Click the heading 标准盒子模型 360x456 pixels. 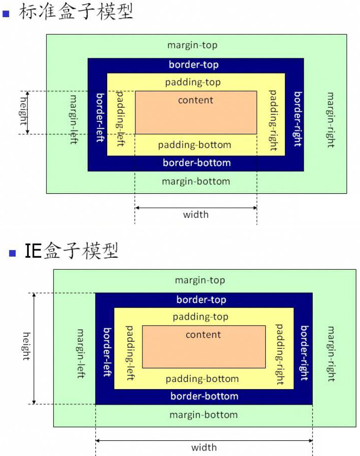tap(76, 12)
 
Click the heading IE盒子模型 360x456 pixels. tap(71, 250)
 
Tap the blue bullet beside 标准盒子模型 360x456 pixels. tap(6, 14)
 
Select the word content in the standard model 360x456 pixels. tap(196, 100)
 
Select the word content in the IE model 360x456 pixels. tap(203, 335)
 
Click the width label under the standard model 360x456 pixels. tap(195, 215)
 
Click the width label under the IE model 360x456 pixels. tap(204, 447)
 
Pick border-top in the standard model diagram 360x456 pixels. tap(194, 65)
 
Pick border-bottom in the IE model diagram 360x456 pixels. tap(204, 396)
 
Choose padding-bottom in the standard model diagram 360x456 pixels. tap(194, 145)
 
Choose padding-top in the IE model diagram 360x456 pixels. tap(200, 317)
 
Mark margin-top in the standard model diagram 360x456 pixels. tap(192, 45)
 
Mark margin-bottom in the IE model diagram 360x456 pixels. tap(203, 415)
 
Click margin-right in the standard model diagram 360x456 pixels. tap(330, 119)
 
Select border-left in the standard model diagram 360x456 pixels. tap(100, 117)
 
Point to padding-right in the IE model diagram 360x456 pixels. tap(279, 354)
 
